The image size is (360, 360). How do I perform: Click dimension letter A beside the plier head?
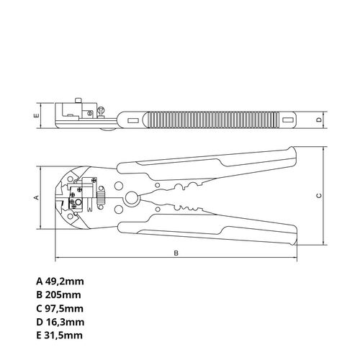point(37,197)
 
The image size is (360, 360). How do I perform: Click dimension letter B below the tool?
point(176,253)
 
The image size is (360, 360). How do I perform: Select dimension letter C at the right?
point(319,196)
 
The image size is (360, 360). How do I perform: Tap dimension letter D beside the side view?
point(319,120)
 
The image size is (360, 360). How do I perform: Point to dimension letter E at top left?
point(37,115)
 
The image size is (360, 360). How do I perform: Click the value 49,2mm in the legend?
point(65,282)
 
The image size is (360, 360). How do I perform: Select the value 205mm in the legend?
point(63,294)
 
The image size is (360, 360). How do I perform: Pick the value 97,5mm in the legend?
point(64,308)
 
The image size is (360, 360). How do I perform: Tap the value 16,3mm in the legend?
point(65,322)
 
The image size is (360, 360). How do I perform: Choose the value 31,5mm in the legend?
point(63,336)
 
